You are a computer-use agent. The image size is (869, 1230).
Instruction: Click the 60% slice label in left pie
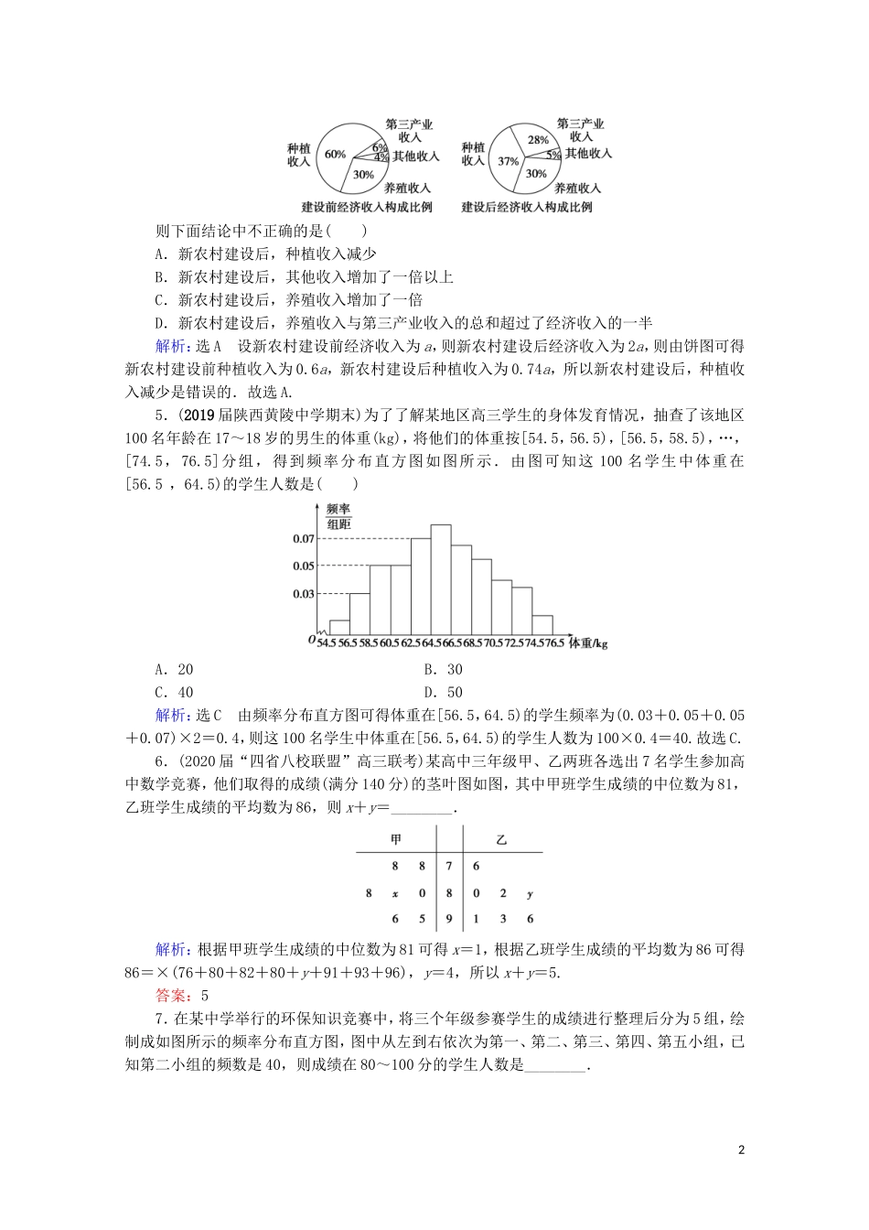(x=335, y=154)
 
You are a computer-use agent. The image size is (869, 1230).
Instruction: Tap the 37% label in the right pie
(x=508, y=161)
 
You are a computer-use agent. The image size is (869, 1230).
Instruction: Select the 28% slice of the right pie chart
(x=538, y=140)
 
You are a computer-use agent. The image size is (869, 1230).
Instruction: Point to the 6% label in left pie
(x=378, y=146)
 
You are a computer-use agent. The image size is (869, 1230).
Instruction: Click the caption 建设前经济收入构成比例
(x=366, y=207)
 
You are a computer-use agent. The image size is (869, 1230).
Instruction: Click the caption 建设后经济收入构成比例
(x=526, y=207)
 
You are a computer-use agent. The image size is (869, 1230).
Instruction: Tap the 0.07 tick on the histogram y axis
(x=304, y=539)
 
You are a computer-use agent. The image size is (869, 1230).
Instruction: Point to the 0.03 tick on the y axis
(x=304, y=594)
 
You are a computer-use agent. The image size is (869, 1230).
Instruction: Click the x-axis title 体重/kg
(x=587, y=643)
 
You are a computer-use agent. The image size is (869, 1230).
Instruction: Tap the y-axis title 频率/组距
(x=338, y=515)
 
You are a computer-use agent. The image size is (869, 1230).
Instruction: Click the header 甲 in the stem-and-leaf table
(x=395, y=839)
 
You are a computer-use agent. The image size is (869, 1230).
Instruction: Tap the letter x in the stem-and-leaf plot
(x=395, y=893)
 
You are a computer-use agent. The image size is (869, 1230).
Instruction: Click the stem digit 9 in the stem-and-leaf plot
(x=449, y=919)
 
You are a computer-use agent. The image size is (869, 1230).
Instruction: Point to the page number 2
(x=742, y=1149)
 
